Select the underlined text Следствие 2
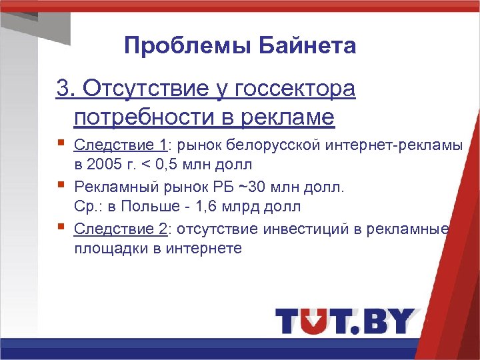121,229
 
